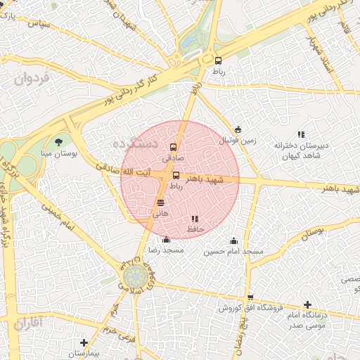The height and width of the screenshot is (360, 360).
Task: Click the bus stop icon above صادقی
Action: point(174,148)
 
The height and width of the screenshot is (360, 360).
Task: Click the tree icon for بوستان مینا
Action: point(58,142)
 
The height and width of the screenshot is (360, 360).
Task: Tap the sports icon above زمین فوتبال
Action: point(238,129)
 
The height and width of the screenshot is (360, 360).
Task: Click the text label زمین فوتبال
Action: point(237,141)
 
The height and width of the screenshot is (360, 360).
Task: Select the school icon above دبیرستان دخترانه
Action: point(301,134)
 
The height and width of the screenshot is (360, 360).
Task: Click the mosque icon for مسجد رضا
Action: point(165,240)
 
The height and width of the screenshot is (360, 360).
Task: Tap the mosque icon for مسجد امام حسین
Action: point(233,240)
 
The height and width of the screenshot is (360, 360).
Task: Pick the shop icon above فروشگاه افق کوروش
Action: point(250,297)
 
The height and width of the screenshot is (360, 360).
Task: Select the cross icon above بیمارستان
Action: point(84,342)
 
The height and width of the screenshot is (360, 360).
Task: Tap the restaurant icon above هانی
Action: point(160,202)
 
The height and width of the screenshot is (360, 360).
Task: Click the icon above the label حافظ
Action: point(195,219)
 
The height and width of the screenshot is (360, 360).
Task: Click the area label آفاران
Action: point(28,323)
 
